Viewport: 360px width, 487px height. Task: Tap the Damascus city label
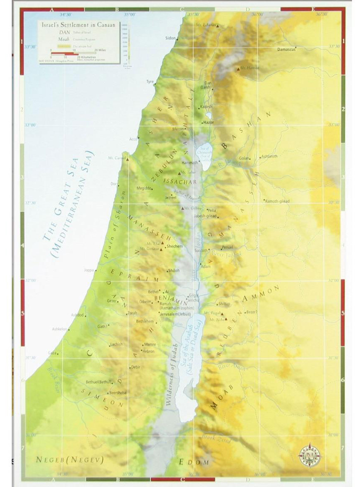click(x=287, y=50)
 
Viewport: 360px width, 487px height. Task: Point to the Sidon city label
click(x=171, y=38)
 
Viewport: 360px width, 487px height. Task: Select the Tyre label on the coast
click(x=150, y=81)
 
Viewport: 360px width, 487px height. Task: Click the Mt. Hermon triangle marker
click(x=238, y=68)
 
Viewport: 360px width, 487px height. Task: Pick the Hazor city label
click(x=208, y=123)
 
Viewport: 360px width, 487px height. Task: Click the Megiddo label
click(x=143, y=189)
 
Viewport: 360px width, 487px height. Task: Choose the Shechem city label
click(x=175, y=246)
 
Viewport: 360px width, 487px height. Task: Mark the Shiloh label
click(x=174, y=271)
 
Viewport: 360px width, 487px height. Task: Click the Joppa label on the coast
click(x=89, y=270)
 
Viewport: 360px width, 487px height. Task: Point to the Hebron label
click(x=149, y=351)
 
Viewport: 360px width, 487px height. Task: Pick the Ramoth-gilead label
click(x=277, y=201)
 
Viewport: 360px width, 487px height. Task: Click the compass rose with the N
click(x=310, y=455)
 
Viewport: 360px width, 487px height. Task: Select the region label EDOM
click(x=194, y=462)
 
